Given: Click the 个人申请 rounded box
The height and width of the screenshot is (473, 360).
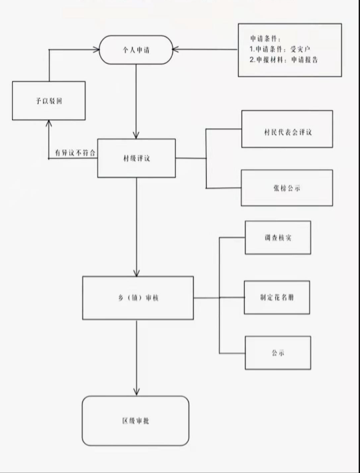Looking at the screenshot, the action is click(136, 50).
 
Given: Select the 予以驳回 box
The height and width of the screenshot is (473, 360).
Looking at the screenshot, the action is click(49, 101).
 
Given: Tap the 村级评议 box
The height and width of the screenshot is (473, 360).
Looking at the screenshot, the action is click(137, 158).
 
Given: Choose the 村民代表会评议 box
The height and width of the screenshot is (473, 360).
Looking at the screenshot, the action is click(287, 129).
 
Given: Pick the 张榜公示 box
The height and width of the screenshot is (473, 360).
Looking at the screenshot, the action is click(287, 188).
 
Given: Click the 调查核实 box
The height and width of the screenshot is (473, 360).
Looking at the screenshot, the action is click(278, 238).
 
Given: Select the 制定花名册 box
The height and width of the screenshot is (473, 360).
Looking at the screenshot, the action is click(277, 298).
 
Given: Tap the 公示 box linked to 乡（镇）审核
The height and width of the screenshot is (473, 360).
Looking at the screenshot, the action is click(278, 353).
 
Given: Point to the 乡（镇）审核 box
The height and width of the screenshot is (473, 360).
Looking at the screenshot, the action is click(138, 298).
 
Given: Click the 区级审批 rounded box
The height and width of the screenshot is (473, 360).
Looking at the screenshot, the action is click(136, 421).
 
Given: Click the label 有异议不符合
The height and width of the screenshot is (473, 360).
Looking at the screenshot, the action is click(75, 153).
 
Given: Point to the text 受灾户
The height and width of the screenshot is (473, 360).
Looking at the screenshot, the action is click(300, 49).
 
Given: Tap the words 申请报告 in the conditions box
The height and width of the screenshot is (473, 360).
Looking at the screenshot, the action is click(304, 60).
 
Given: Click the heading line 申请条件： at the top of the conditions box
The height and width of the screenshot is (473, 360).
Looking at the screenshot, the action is click(265, 39).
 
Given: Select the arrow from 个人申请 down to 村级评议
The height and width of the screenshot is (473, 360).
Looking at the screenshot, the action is click(136, 101).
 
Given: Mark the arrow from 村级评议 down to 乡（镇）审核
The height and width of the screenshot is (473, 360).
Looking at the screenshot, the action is click(137, 227).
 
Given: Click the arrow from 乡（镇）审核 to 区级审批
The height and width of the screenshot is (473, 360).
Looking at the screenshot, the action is click(137, 358).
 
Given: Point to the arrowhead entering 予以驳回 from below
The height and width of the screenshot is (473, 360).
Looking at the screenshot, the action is click(49, 123).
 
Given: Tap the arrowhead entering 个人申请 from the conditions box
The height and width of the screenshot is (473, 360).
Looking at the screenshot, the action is click(175, 49).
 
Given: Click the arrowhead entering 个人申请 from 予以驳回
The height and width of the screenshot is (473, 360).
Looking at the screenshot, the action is click(96, 50).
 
